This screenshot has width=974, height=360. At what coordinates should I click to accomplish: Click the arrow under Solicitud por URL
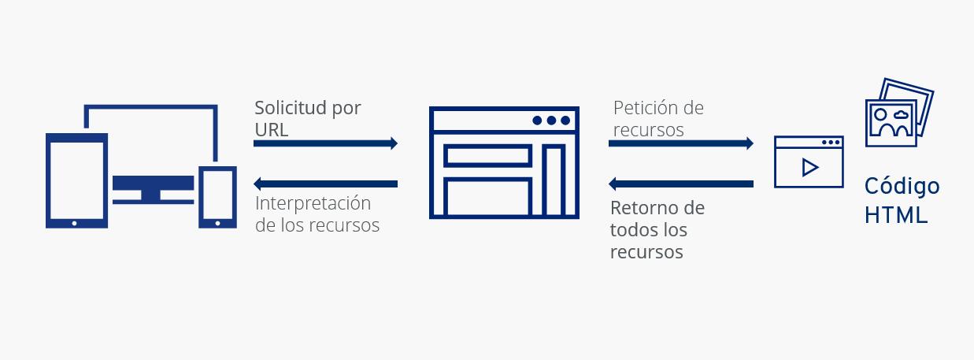pos(325,143)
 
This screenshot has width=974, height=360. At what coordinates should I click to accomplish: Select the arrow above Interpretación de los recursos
pos(325,184)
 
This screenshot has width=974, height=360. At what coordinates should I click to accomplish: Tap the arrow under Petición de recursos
pos(681,143)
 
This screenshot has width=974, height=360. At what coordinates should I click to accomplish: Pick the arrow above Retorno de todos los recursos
pos(681,184)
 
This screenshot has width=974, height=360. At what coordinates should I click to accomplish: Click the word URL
pos(272,130)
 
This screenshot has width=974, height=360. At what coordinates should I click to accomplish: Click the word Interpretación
pos(313,203)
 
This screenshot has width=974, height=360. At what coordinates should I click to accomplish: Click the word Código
pos(902,187)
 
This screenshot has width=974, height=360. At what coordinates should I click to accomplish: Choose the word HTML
pos(896,215)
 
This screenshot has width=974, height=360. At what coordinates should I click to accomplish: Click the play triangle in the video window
pos(809,168)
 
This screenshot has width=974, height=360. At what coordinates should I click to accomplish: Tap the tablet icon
pos(76,180)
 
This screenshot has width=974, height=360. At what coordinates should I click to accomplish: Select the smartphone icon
pos(217,196)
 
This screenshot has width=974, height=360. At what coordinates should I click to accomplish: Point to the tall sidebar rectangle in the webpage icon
pos(554,180)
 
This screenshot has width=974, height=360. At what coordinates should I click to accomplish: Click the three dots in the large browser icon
pos(550,121)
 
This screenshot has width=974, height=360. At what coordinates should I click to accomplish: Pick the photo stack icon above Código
pos(898,113)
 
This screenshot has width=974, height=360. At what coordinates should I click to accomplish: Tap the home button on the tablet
pos(75,223)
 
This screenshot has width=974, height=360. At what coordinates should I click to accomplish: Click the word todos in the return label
pos(637,231)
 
